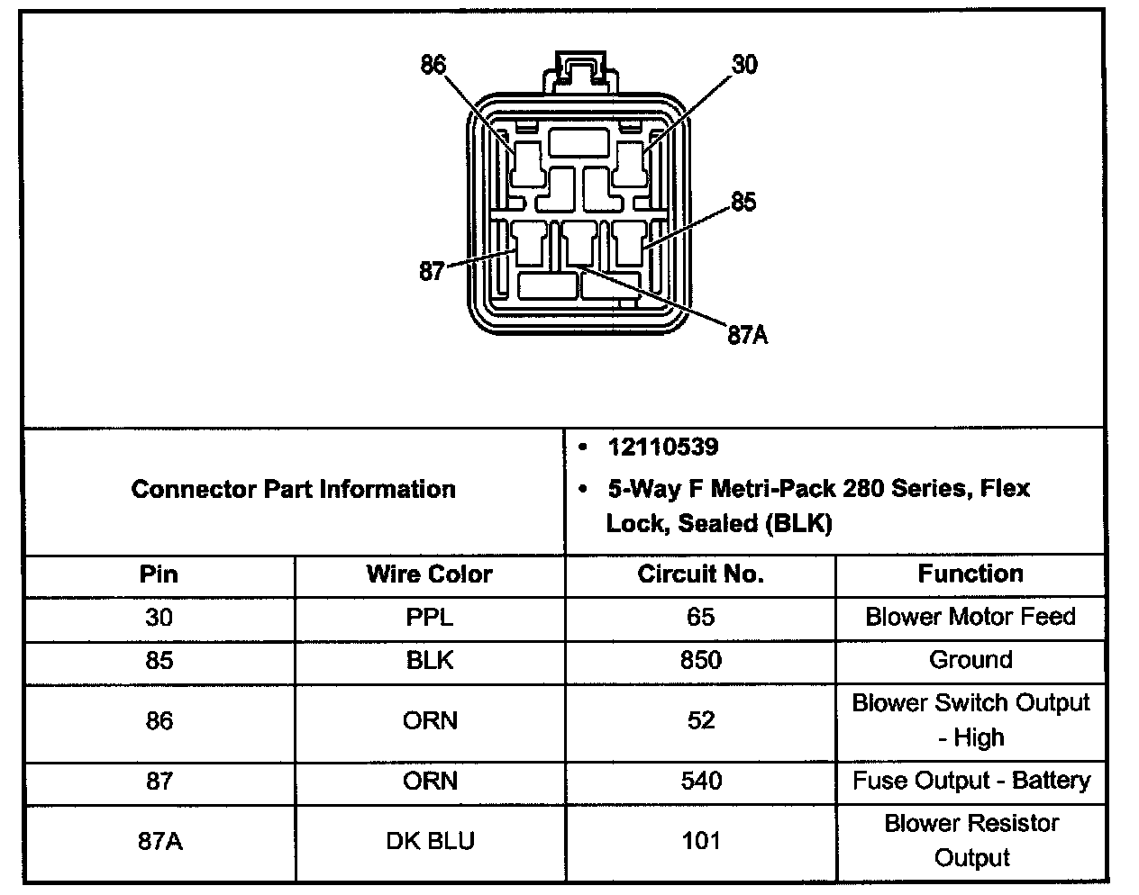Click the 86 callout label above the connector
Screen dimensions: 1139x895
[x=433, y=65]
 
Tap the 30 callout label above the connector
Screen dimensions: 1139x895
[x=744, y=65]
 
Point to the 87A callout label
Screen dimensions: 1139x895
[x=748, y=336]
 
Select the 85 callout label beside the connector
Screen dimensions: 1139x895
[x=743, y=203]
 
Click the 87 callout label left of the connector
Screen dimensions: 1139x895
[x=433, y=270]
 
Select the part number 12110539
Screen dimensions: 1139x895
[x=663, y=447]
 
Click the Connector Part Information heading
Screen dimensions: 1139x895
[x=294, y=490]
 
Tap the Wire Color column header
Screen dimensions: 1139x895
[x=430, y=574]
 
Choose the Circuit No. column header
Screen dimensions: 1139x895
[x=700, y=574]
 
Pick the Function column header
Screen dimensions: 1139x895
[x=970, y=574]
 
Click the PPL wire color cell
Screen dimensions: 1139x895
[x=430, y=618]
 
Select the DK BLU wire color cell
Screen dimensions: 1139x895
[x=430, y=841]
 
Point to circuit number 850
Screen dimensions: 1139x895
[x=700, y=661]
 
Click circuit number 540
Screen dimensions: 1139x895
[x=700, y=781]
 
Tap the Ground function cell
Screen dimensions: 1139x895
[x=970, y=660]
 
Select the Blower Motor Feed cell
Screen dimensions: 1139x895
[x=970, y=617]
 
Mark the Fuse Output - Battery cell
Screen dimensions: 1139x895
[x=970, y=781]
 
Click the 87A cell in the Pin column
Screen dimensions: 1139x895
[x=159, y=841]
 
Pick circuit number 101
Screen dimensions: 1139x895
[x=700, y=841]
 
